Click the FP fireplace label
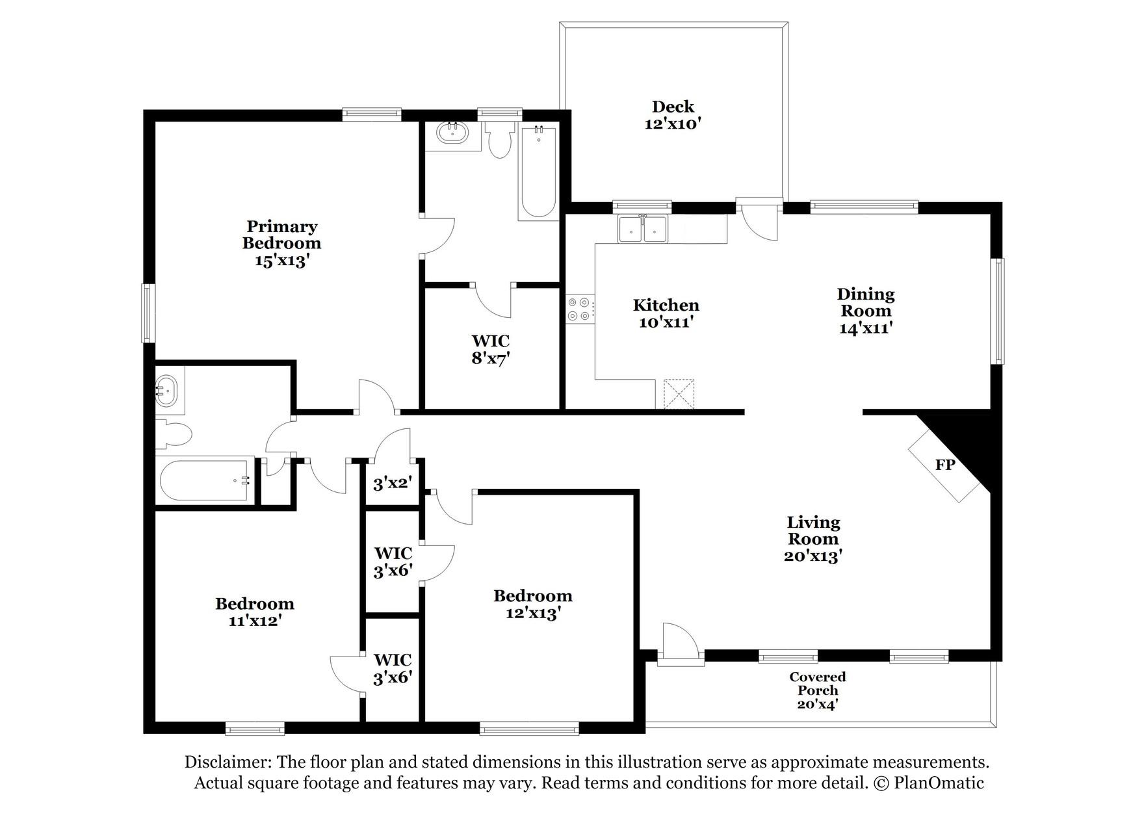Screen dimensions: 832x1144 pyautogui.click(x=944, y=465)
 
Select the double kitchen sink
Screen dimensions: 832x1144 pyautogui.click(x=643, y=229)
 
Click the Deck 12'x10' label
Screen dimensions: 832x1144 pyautogui.click(x=673, y=115)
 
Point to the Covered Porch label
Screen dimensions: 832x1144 pyautogui.click(x=818, y=690)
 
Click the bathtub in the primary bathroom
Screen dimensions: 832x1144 pyautogui.click(x=538, y=172)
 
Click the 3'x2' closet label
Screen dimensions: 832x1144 pyautogui.click(x=392, y=484)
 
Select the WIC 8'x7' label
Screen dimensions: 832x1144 pyautogui.click(x=490, y=349)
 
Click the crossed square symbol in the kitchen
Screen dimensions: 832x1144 pyautogui.click(x=679, y=394)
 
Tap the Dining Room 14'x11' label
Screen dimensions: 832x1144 pyautogui.click(x=865, y=311)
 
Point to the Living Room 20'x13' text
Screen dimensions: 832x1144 pyautogui.click(x=813, y=539)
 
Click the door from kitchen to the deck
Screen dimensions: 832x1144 pyautogui.click(x=759, y=221)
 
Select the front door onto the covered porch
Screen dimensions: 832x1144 pyautogui.click(x=680, y=643)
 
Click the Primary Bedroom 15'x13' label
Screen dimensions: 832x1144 pyautogui.click(x=281, y=243)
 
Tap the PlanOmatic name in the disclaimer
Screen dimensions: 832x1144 pyautogui.click(x=939, y=783)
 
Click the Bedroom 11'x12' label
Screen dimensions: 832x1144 pyautogui.click(x=254, y=612)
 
